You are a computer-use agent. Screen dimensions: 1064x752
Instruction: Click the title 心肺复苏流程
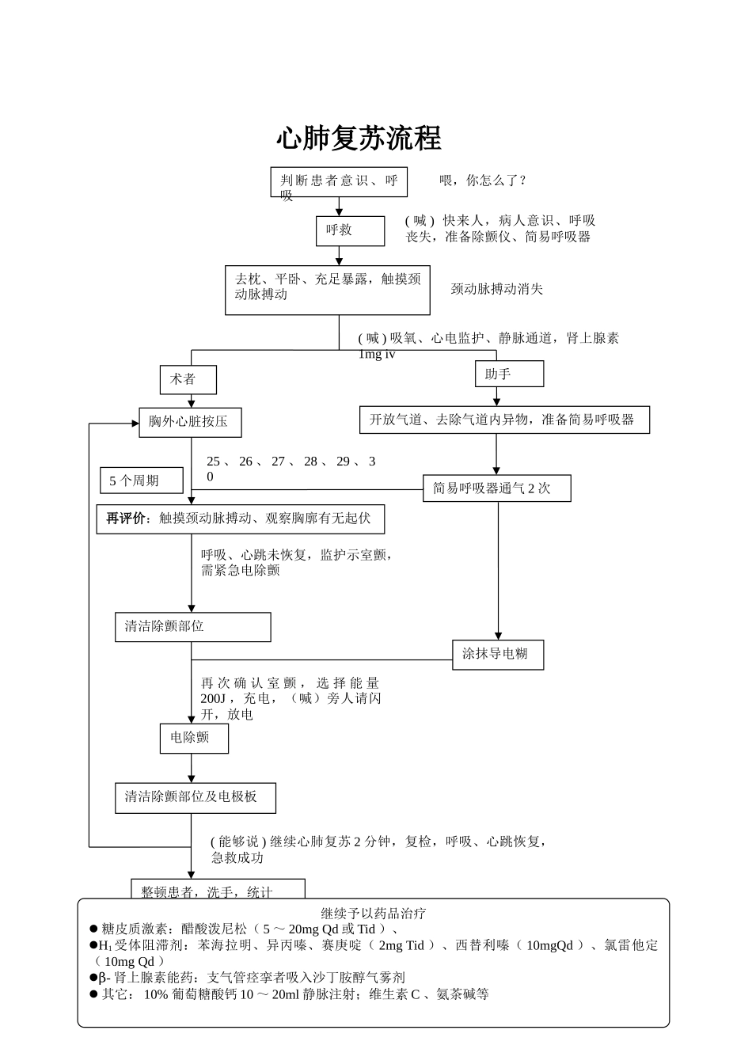[x=359, y=138]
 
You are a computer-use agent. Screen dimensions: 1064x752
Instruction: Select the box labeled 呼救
[x=350, y=230]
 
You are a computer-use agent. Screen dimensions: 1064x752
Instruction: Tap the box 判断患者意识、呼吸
[x=339, y=181]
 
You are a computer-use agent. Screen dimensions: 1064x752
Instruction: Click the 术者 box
[x=188, y=379]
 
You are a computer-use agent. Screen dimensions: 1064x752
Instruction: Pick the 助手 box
[x=509, y=374]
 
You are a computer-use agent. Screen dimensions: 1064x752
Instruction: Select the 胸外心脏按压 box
[x=190, y=422]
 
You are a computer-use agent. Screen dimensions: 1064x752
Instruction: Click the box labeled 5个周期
[x=141, y=481]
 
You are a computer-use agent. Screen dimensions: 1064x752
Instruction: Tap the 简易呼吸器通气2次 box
[x=496, y=488]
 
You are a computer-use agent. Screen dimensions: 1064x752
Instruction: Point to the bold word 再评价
[x=126, y=519]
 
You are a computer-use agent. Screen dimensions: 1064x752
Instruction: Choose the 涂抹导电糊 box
[x=498, y=654]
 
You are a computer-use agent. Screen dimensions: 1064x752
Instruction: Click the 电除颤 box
[x=194, y=738]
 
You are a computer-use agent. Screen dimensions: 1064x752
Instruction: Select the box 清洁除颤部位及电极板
[x=195, y=797]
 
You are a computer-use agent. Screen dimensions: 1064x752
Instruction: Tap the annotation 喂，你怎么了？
[x=483, y=180]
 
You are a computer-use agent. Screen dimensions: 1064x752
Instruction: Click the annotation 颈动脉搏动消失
[x=497, y=289]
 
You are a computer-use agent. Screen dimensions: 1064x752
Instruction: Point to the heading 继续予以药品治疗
[x=374, y=913]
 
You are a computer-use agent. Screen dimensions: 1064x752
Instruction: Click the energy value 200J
[x=213, y=699]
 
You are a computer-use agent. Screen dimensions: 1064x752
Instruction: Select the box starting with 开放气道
[x=504, y=420]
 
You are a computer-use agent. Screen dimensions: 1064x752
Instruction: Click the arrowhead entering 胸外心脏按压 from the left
[x=135, y=423]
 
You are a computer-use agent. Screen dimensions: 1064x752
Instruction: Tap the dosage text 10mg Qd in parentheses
[x=130, y=961]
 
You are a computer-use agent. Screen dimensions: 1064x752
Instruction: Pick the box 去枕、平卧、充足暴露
[x=327, y=290]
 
